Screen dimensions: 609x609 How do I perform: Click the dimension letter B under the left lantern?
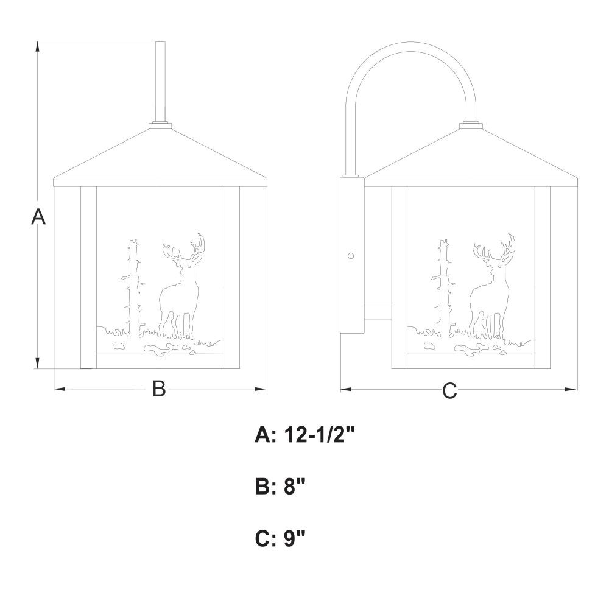click(159, 388)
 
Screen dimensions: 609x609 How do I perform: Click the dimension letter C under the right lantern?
click(449, 390)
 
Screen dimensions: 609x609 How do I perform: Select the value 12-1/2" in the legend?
click(320, 435)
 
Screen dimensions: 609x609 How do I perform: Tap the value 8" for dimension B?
click(295, 486)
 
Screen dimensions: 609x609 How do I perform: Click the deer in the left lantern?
click(181, 287)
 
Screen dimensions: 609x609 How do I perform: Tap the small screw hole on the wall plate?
click(351, 256)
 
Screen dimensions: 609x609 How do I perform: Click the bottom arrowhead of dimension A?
click(38, 362)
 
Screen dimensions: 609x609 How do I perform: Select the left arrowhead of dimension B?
click(59, 389)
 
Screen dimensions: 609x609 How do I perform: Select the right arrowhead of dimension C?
click(572, 389)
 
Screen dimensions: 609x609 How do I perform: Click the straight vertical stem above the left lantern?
click(160, 82)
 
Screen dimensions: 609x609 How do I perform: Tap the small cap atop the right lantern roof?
click(471, 125)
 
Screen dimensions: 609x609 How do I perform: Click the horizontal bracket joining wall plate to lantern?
click(378, 312)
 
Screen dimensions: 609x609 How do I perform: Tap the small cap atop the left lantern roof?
click(160, 125)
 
